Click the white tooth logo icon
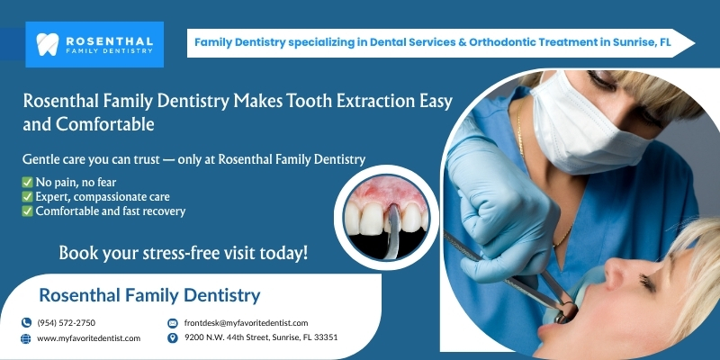tap(48, 44)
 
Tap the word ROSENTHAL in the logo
tap(109, 40)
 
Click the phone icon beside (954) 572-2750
tap(26, 323)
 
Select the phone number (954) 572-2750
tap(66, 323)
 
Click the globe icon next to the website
tap(26, 338)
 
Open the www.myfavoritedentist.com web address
tap(88, 338)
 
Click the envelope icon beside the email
tap(173, 323)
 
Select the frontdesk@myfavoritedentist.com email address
tap(246, 323)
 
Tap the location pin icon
tap(173, 338)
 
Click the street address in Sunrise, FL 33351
tap(261, 337)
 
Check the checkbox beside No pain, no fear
tap(28, 183)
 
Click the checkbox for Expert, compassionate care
tap(28, 197)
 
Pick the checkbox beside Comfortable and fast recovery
tap(28, 211)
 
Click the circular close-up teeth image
tap(387, 217)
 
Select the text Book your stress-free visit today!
tap(184, 253)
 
